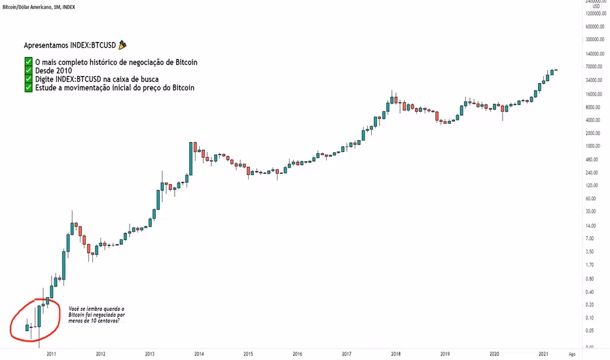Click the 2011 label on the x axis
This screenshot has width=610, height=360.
pos(50,353)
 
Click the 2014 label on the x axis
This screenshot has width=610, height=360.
pos(199,353)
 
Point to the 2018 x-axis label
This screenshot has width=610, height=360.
pos(396,353)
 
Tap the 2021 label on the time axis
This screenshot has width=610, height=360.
pos(543,353)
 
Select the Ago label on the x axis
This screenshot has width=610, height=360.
pos(573,353)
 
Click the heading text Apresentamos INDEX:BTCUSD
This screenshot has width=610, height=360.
pos(69,46)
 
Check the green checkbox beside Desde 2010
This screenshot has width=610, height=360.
pos(28,71)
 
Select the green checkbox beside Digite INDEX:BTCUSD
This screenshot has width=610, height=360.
pos(28,79)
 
